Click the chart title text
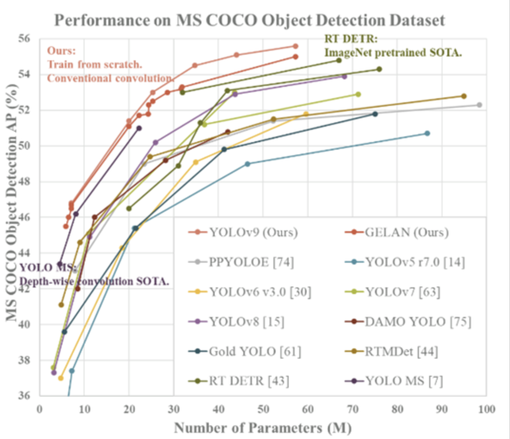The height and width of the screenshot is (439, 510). pos(250,20)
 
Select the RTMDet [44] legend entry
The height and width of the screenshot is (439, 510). pos(401,352)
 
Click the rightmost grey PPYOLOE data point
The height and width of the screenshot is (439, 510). pos(479,105)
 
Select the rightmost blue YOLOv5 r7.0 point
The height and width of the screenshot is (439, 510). pos(427,134)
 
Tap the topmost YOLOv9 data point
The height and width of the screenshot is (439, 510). pos(295,46)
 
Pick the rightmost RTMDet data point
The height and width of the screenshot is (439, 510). pos(463,96)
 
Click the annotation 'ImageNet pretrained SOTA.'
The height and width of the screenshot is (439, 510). pos(393,52)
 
